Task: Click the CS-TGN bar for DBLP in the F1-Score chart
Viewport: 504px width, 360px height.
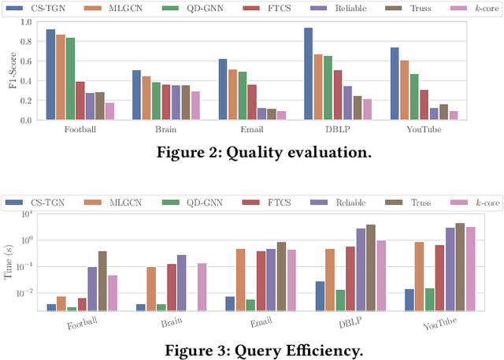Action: [308, 74]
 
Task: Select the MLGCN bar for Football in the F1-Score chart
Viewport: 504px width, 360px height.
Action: [61, 77]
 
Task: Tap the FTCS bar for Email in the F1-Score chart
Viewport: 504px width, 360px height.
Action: [252, 102]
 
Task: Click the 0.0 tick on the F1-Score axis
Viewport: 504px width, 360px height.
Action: [29, 120]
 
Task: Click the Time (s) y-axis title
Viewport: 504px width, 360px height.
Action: [10, 260]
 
